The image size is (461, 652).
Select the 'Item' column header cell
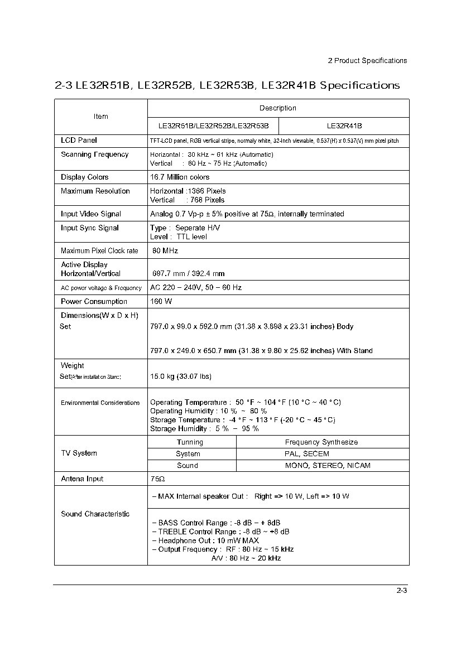101,117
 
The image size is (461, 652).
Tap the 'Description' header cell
278,108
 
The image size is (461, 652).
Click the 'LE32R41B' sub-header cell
344,126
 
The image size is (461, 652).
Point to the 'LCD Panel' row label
79,141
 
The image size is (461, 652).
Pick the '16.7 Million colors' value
180,177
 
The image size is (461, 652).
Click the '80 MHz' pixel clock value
165,251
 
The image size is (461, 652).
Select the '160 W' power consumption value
161,302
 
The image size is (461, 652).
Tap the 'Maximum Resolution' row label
95,191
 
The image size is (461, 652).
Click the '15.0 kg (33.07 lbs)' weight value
181,376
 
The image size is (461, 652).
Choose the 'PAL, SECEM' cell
307,454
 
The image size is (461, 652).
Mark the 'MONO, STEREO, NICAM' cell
328,466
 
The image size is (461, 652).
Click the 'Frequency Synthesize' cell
321,442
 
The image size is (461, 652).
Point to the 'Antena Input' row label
82,479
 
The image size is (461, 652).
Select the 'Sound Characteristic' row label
95,514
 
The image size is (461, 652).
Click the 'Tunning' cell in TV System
190,442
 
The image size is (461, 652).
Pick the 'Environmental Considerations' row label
100,403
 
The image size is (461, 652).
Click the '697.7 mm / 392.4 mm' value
189,274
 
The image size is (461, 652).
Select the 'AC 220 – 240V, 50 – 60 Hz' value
196,288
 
